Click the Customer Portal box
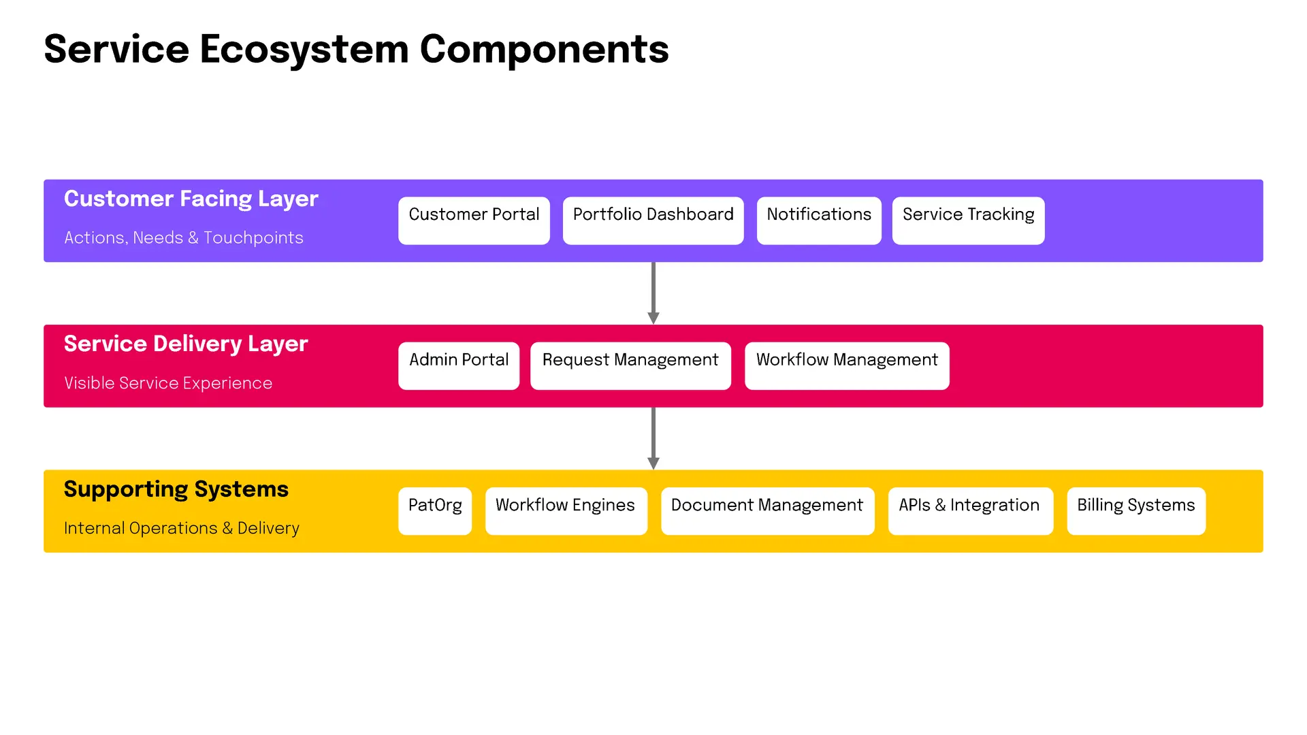(x=474, y=220)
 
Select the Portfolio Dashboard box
(x=653, y=220)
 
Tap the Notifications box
(x=819, y=220)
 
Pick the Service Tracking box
(x=968, y=220)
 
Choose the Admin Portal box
(x=459, y=366)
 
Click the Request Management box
(x=630, y=366)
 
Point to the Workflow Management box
(x=847, y=366)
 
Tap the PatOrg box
(x=435, y=511)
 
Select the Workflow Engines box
(x=566, y=511)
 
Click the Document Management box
(x=767, y=511)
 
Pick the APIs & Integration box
(x=970, y=511)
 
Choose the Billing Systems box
(x=1136, y=511)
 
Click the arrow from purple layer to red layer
(x=653, y=293)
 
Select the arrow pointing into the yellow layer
(x=653, y=438)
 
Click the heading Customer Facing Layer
(x=191, y=199)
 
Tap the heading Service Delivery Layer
(x=186, y=344)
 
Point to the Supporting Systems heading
(x=176, y=489)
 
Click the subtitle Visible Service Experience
(x=168, y=383)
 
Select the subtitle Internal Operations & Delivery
(x=182, y=528)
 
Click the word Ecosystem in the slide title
(x=304, y=50)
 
